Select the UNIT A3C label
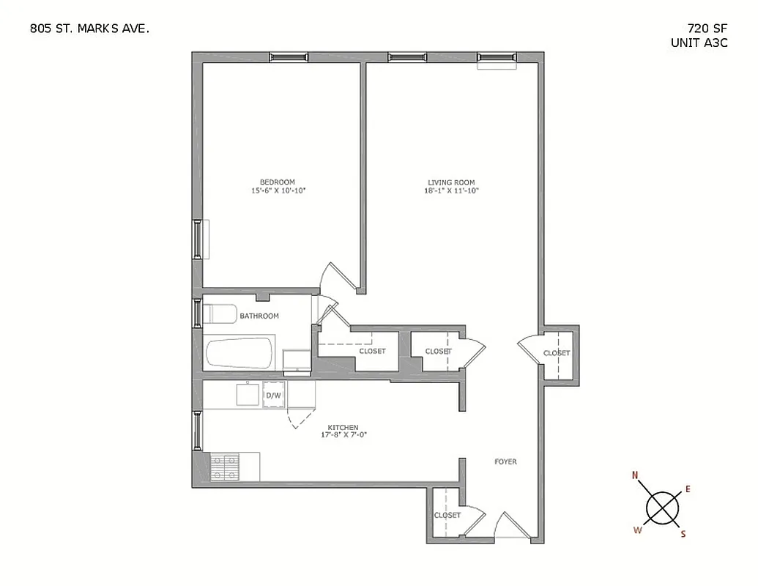click(x=699, y=43)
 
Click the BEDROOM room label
click(x=278, y=182)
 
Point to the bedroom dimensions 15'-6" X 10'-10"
click(x=278, y=190)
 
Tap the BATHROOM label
click(x=259, y=316)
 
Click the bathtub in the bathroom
click(x=239, y=355)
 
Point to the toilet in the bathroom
click(x=217, y=314)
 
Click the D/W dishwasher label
click(x=273, y=396)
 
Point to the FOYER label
click(x=505, y=461)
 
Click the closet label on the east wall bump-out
click(x=557, y=354)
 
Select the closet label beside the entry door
click(x=447, y=515)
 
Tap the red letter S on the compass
click(x=683, y=534)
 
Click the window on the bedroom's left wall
click(x=196, y=239)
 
